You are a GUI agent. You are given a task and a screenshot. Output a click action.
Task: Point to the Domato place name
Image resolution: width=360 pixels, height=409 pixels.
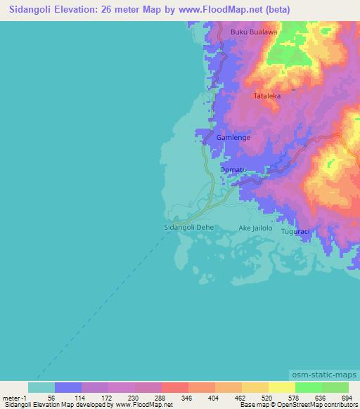[x=233, y=170]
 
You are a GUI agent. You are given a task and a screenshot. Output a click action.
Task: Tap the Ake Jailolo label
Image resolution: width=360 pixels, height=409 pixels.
[x=255, y=228]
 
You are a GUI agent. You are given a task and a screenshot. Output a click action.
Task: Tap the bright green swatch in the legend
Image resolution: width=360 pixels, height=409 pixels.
[x=308, y=387]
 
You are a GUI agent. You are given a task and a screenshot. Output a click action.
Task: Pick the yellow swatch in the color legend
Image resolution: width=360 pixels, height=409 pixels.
[x=281, y=387]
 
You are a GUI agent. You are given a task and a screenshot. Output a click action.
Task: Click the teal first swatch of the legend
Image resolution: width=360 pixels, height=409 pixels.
[x=41, y=387]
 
